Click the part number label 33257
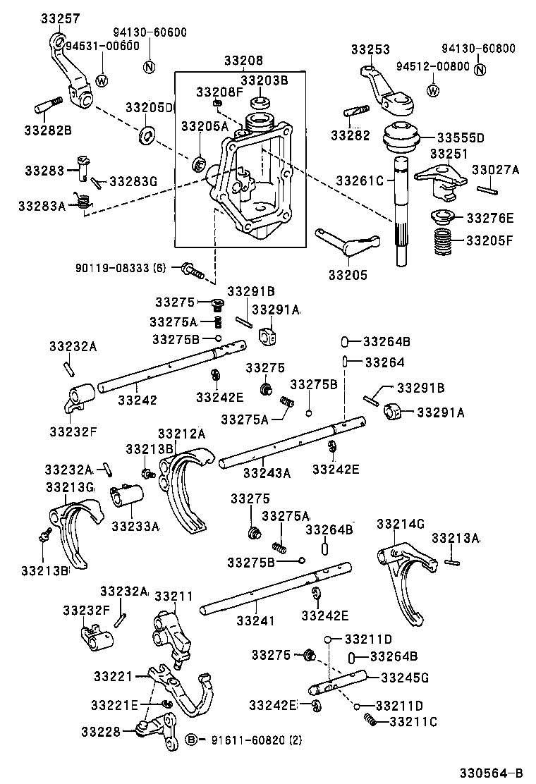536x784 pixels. point(60,19)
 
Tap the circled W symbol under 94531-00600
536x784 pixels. point(102,80)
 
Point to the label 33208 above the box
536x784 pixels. point(243,61)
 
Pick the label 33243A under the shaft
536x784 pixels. point(267,473)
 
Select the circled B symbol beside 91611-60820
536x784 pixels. point(190,740)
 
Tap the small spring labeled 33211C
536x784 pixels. point(369,721)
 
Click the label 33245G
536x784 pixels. point(405,678)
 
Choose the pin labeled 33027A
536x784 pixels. point(487,188)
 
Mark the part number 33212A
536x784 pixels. point(181,434)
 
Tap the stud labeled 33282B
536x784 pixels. point(44,111)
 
